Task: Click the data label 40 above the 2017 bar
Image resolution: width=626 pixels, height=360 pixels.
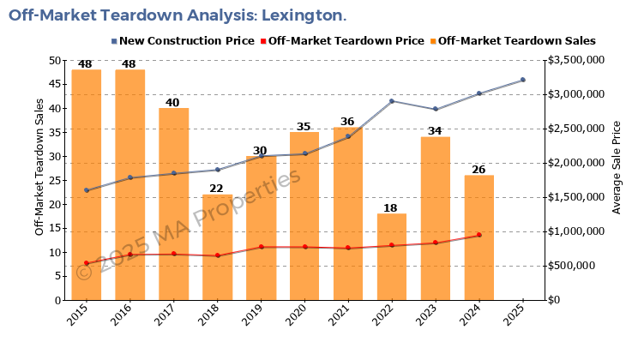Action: [x=173, y=102]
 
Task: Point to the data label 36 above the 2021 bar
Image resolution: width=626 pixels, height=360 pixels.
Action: [x=347, y=121]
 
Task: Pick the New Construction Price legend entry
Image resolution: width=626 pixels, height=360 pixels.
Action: [x=182, y=40]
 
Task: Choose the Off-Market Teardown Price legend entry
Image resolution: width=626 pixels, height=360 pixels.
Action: [x=341, y=40]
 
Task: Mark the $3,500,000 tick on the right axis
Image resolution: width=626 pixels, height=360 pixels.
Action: [x=578, y=60]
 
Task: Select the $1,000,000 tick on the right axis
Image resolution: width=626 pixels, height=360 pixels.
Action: [x=578, y=231]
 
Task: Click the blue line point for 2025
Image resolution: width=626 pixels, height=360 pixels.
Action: [x=522, y=80]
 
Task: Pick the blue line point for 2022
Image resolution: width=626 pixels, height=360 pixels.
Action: [x=391, y=101]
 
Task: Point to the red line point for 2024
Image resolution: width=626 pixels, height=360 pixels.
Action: [x=479, y=235]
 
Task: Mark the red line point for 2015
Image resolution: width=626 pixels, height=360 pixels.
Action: [x=87, y=263]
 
